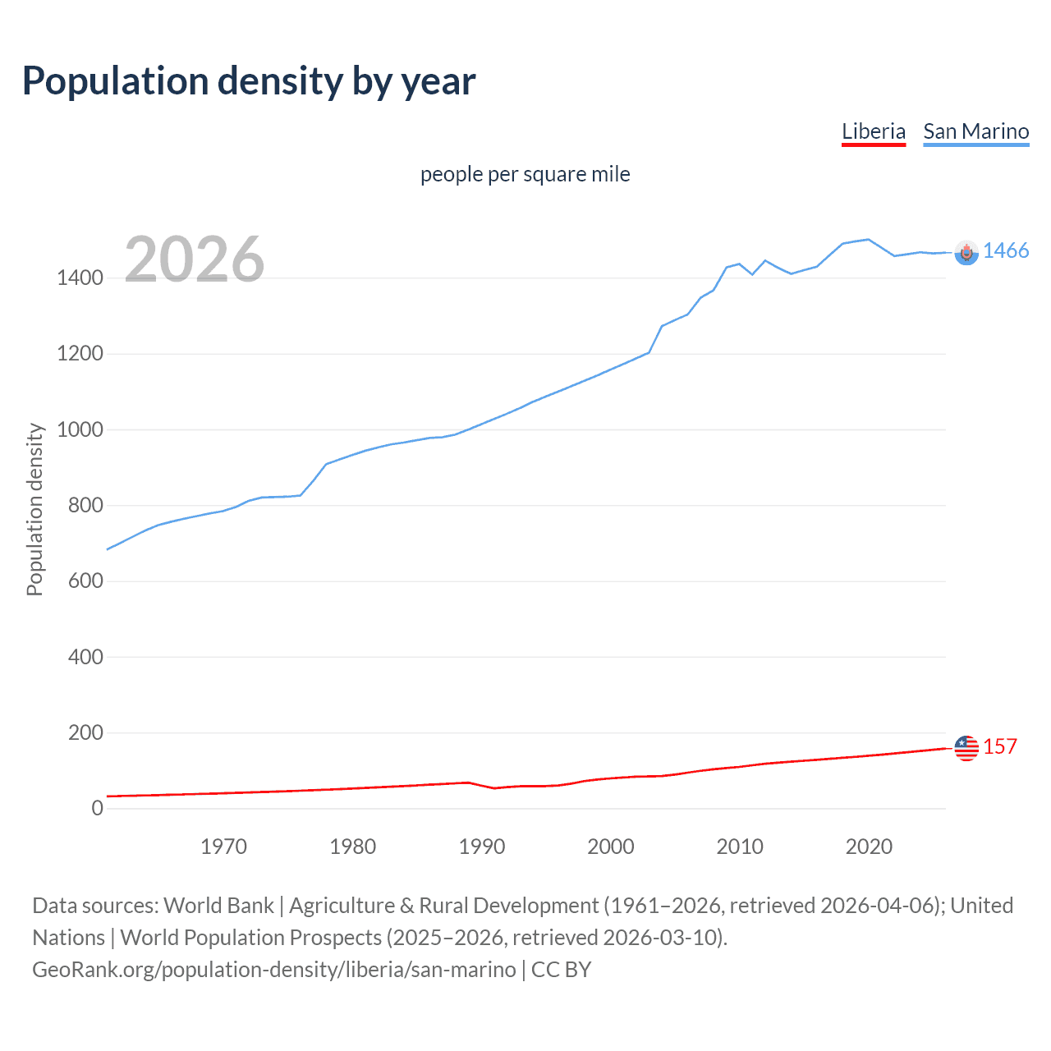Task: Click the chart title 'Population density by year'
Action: pos(249,81)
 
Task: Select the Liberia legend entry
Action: pos(873,132)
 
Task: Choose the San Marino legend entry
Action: pos(975,132)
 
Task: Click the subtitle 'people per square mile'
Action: pos(525,175)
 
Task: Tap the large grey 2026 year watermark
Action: pos(195,259)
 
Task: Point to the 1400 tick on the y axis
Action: pos(80,278)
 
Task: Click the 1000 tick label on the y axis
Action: pos(80,430)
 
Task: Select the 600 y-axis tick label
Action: pos(85,581)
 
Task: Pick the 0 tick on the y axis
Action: pos(98,809)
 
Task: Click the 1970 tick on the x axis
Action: pos(223,847)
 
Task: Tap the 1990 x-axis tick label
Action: pos(482,847)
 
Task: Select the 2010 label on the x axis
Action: pos(740,847)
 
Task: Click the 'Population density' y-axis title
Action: pos(34,509)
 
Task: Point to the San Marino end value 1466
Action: pos(1005,251)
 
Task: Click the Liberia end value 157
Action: pos(999,747)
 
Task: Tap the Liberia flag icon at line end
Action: pos(966,748)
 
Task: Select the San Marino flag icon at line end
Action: pos(966,253)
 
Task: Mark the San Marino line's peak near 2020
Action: pos(868,240)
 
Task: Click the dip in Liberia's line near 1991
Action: pos(494,788)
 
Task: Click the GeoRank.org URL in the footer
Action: pos(274,970)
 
